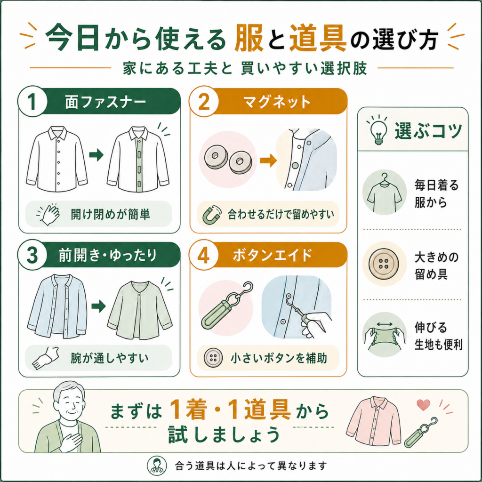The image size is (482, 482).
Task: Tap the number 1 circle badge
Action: point(32,102)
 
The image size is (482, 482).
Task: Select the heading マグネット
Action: point(277,102)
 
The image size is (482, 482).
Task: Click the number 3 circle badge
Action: point(32,255)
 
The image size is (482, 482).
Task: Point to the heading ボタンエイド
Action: point(273,255)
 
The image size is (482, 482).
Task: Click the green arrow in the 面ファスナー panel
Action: point(96,155)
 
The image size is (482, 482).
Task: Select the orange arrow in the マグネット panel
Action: point(268,160)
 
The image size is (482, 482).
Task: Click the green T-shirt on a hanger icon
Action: point(384,192)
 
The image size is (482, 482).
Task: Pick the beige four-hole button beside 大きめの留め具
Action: point(384,264)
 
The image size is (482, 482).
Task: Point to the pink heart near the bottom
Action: point(423,405)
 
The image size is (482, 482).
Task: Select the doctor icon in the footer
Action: point(157,466)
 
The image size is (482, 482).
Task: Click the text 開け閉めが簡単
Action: point(110,214)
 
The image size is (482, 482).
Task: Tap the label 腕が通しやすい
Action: point(109,358)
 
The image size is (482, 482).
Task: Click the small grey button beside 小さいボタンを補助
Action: point(213,358)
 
